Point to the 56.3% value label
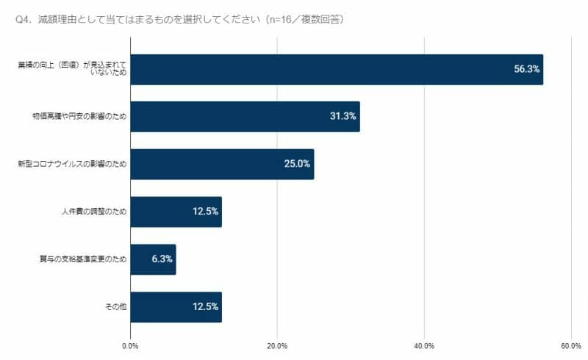pos(526,69)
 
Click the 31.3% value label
pos(343,116)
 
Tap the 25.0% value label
pos(297,164)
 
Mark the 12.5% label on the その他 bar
pos(205,307)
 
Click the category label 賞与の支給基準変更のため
pos(82,259)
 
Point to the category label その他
pos(116,307)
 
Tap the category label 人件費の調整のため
pos(94,212)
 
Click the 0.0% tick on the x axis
pos(130,345)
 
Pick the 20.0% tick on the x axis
pos(277,345)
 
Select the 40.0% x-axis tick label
pos(424,345)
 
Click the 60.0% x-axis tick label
pos(571,345)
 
